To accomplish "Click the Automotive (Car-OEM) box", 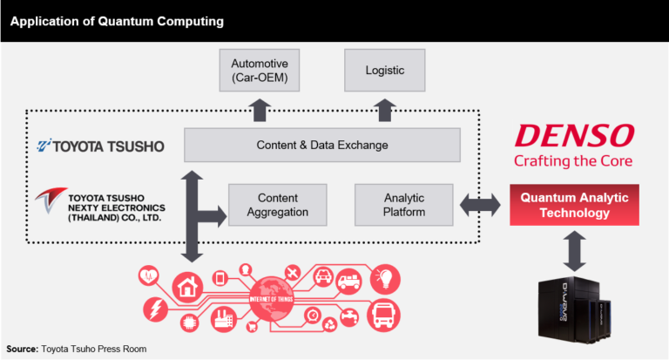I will click(x=260, y=71).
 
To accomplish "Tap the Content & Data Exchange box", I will click(x=322, y=145).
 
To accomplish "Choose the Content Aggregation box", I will click(x=277, y=205).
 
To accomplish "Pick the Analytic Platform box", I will click(x=404, y=205).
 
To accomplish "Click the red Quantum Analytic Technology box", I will click(x=574, y=206).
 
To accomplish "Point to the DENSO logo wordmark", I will click(x=573, y=135).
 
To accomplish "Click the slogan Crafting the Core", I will click(x=573, y=160).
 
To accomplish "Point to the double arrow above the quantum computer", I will click(x=575, y=251).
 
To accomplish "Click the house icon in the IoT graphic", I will click(x=186, y=284).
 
